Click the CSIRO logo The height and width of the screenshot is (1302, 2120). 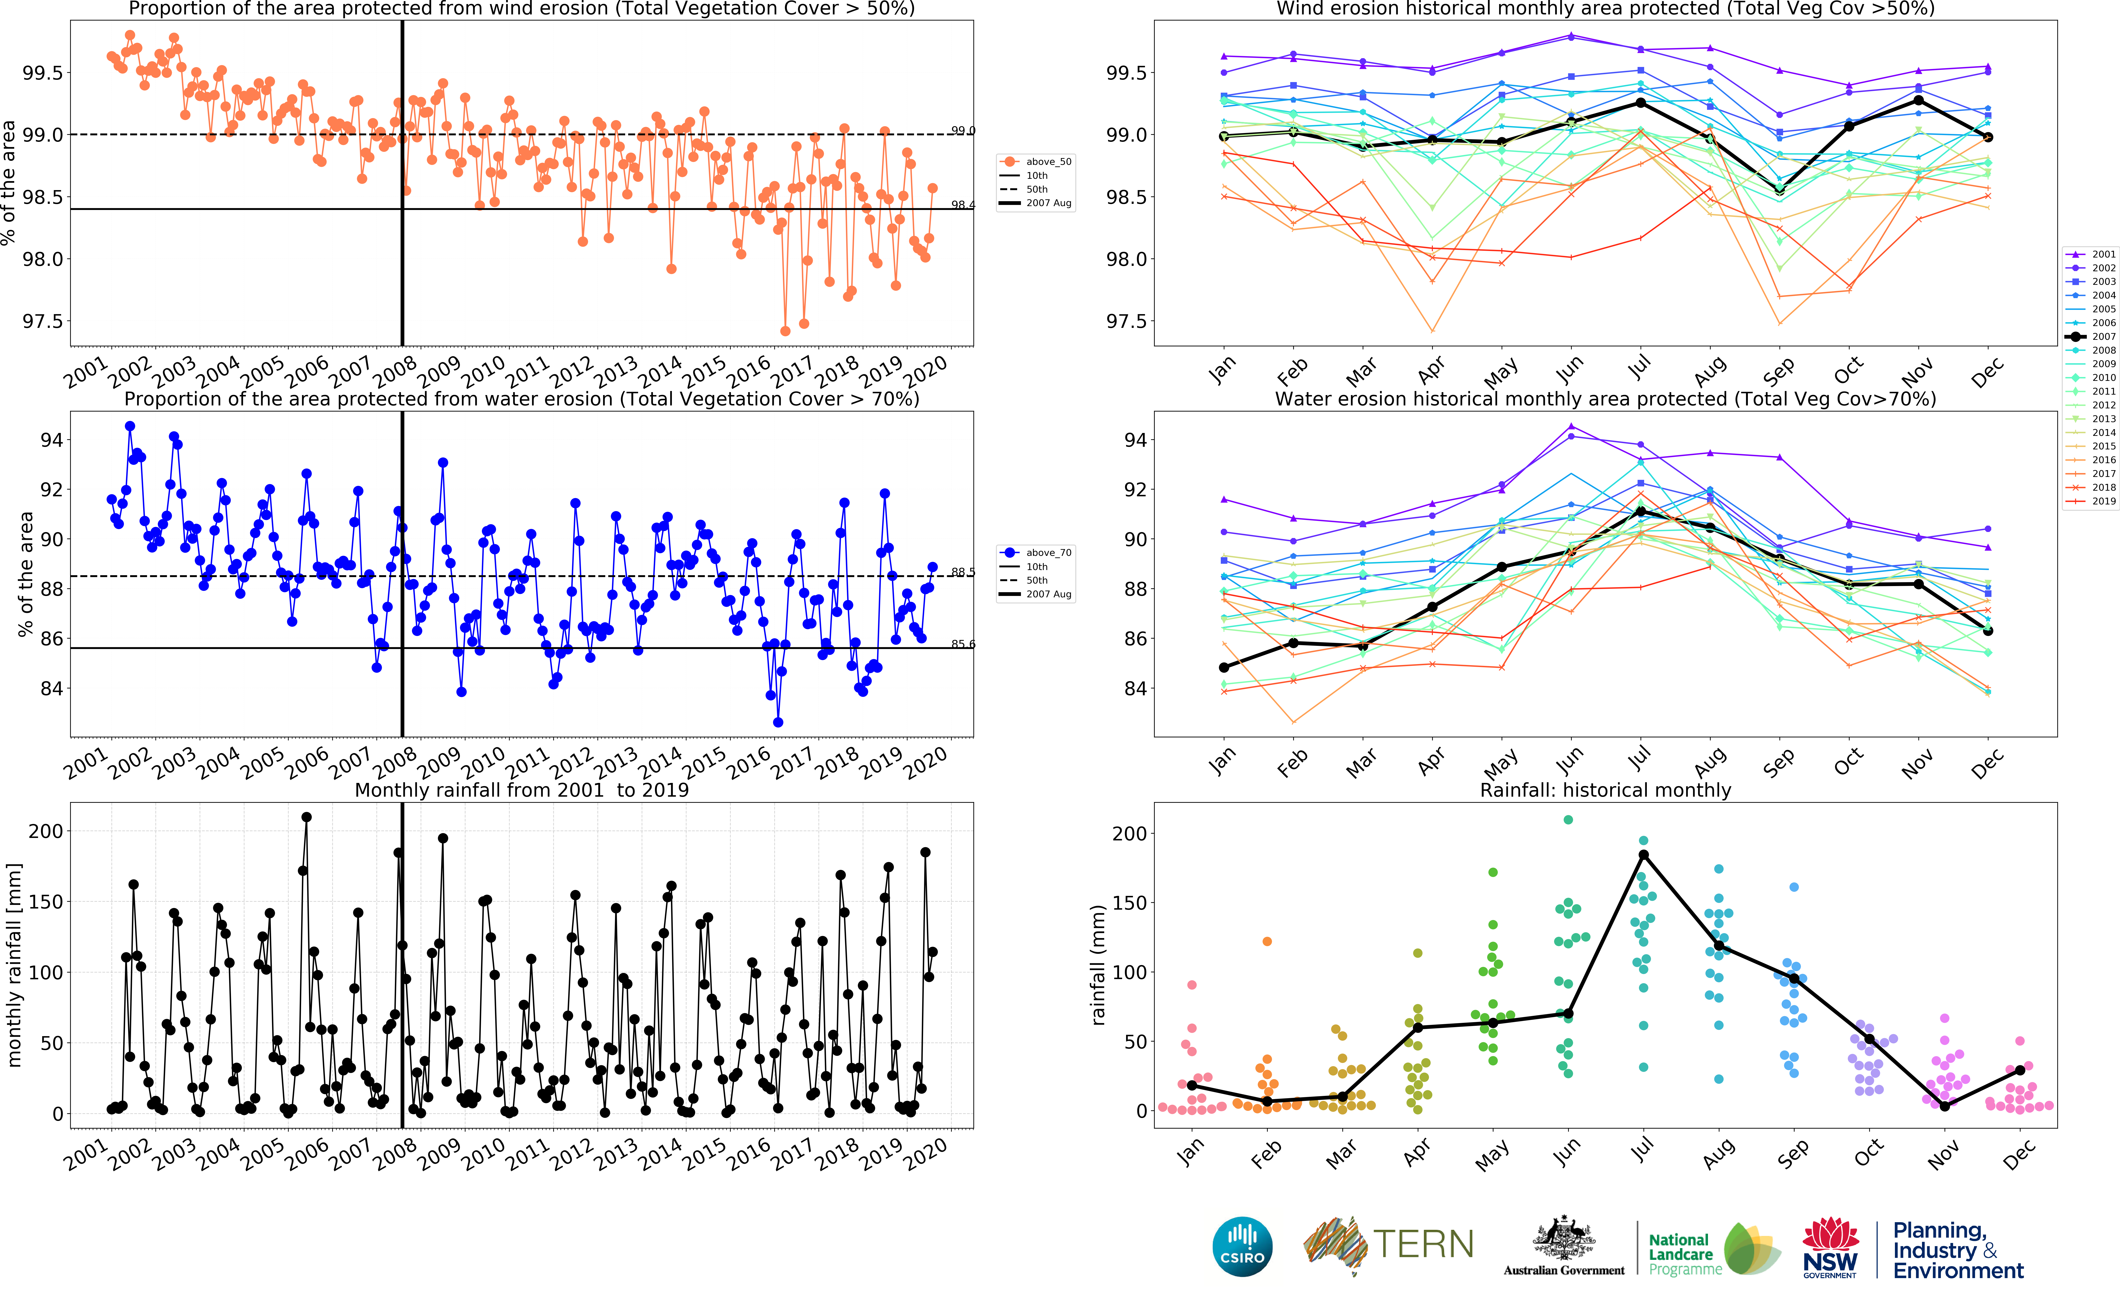[x=1242, y=1246]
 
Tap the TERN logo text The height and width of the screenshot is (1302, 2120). [x=1422, y=1244]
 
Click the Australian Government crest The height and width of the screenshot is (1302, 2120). [x=1564, y=1240]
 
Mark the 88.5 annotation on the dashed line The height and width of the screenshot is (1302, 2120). [x=963, y=572]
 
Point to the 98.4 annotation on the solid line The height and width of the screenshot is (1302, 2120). [x=963, y=205]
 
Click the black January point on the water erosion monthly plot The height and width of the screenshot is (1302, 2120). [x=1224, y=667]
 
